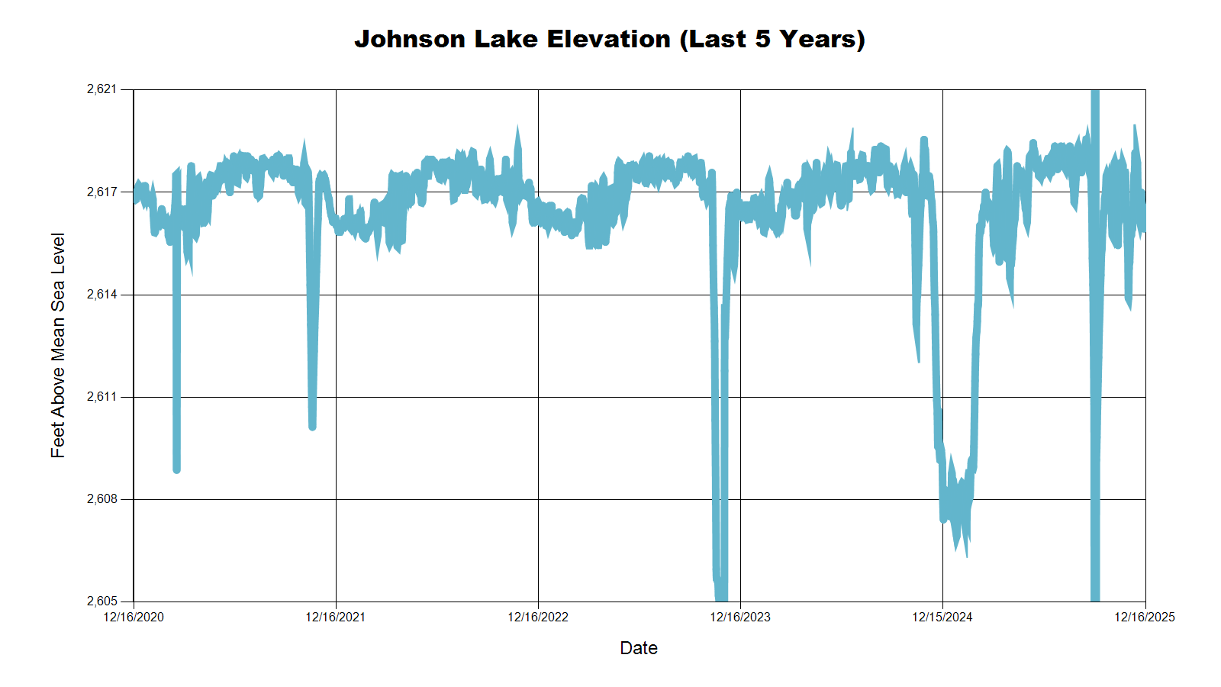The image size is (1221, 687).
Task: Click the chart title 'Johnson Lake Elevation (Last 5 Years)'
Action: (x=610, y=39)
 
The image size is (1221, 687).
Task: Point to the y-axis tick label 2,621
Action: (x=102, y=89)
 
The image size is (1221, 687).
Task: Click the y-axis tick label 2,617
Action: (x=102, y=192)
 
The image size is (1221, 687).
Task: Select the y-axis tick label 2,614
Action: (x=102, y=294)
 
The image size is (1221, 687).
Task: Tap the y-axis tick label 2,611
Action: (x=102, y=397)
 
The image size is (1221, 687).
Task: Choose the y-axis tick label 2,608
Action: (x=102, y=499)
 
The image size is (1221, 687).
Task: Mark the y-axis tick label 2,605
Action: (x=102, y=602)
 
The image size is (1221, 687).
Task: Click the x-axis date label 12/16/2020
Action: (x=134, y=617)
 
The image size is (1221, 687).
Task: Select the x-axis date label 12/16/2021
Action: (x=336, y=617)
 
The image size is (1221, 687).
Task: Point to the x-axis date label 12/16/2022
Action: (x=538, y=617)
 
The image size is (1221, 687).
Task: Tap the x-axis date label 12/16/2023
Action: (x=740, y=617)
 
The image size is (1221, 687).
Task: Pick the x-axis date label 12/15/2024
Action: (x=942, y=617)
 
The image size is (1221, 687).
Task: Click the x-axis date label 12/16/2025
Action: (x=1145, y=617)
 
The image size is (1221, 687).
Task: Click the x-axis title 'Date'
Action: (x=639, y=648)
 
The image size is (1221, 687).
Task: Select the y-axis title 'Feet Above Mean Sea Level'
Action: (x=58, y=345)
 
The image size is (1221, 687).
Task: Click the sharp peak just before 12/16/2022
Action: (x=517, y=127)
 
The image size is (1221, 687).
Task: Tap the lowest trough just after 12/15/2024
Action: (x=966, y=556)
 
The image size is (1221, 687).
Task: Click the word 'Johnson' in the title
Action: (x=410, y=39)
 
